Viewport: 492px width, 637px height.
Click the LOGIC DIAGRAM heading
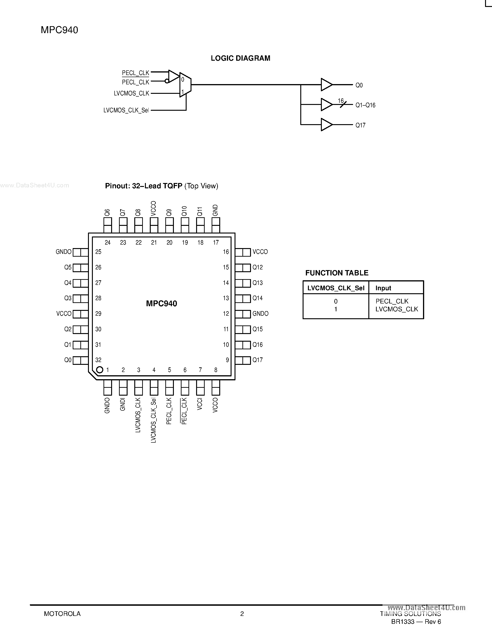241,58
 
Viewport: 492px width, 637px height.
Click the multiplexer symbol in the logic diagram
185,85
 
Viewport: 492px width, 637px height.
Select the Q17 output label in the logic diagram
360,125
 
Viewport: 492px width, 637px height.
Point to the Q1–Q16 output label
365,105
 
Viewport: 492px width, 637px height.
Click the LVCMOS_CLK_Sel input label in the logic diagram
126,110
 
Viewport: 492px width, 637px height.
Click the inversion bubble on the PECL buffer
167,81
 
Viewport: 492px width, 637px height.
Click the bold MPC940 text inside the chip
161,304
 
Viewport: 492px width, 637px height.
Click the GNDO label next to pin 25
63,252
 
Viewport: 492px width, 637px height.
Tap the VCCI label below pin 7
200,404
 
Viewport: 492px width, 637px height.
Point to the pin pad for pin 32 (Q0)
80,360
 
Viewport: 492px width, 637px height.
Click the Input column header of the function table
383,288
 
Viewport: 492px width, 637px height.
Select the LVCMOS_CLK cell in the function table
396,309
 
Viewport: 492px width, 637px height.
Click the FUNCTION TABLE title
337,273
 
